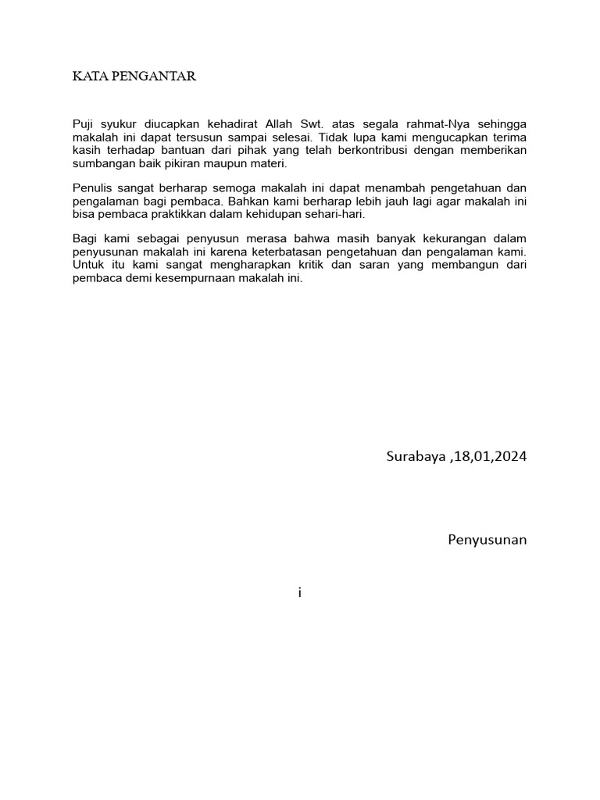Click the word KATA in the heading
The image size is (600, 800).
click(87, 77)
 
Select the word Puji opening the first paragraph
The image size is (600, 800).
click(84, 124)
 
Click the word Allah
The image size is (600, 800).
click(282, 124)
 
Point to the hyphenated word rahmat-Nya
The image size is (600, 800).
click(430, 124)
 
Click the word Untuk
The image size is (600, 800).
click(88, 264)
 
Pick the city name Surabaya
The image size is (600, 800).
click(415, 456)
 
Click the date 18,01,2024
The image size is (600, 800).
click(490, 456)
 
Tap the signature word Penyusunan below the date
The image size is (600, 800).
click(487, 539)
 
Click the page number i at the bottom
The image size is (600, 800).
click(299, 592)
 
